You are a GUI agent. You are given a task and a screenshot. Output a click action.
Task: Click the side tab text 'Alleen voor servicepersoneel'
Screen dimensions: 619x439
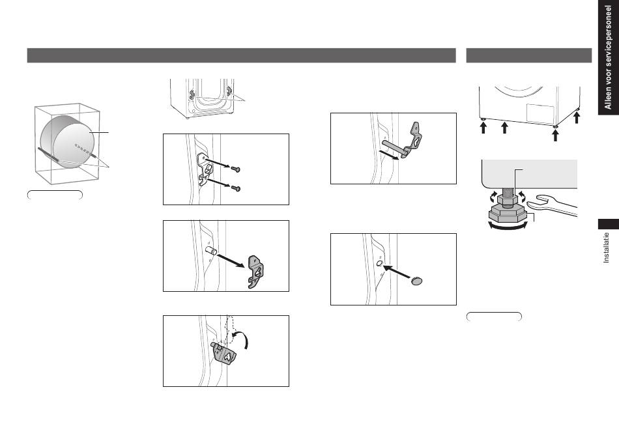[608, 57]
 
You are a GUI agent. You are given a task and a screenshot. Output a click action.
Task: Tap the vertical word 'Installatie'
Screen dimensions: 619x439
[607, 248]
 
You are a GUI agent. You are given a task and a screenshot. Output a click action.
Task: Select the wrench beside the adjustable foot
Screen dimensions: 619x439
[551, 205]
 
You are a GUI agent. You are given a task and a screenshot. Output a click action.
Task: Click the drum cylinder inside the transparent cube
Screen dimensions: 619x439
[66, 141]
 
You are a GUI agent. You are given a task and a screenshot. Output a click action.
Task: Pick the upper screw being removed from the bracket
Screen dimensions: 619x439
[236, 169]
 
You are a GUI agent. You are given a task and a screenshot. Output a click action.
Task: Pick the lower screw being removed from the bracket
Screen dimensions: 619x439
[236, 188]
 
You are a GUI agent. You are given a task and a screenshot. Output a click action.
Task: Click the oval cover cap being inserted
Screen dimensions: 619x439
[416, 281]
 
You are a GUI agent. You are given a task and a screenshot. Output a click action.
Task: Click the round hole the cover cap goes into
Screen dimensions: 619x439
[379, 263]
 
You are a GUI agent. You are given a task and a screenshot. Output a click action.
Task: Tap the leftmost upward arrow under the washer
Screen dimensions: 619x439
[483, 128]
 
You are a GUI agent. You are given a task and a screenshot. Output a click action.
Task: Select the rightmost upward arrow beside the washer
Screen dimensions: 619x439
[577, 117]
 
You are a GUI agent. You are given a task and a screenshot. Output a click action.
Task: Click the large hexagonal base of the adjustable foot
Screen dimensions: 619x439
[508, 214]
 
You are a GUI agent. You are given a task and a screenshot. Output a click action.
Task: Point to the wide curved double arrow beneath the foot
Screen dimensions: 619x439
[508, 226]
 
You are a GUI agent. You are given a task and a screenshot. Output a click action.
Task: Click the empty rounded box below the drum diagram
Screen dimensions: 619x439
[55, 195]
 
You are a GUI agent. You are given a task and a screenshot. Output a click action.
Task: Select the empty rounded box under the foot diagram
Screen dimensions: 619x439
[494, 316]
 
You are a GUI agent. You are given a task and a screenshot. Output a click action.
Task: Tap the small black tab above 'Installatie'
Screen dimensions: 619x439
[609, 224]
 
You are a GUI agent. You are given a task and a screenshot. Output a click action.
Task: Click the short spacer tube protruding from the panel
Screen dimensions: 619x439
[211, 250]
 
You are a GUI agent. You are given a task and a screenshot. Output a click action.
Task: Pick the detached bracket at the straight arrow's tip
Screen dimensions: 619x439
[255, 272]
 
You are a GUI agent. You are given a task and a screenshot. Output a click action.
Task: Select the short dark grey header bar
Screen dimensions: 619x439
[529, 55]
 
